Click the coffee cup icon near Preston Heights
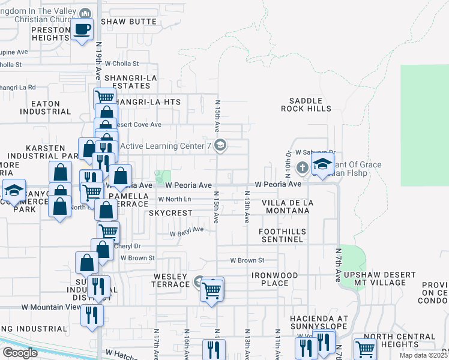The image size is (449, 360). click(x=82, y=28)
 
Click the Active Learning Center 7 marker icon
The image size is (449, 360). click(x=220, y=145)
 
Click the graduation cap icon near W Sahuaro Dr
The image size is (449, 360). click(x=322, y=164)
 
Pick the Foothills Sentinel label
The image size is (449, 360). click(x=282, y=235)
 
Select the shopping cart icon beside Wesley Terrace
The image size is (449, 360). click(x=211, y=289)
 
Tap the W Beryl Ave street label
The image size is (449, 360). click(x=187, y=232)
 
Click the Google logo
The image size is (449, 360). click(x=20, y=352)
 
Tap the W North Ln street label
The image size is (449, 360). click(x=175, y=199)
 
